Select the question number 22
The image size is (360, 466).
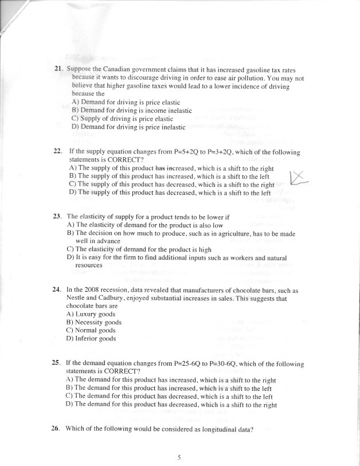[57, 152]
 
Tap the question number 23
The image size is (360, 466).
[57, 217]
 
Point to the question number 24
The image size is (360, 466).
[56, 291]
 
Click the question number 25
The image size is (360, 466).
[56, 363]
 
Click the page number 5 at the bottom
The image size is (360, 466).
[179, 457]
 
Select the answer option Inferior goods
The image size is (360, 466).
[91, 338]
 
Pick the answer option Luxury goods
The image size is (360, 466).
[91, 314]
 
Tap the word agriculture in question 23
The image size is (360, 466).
[207, 234]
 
